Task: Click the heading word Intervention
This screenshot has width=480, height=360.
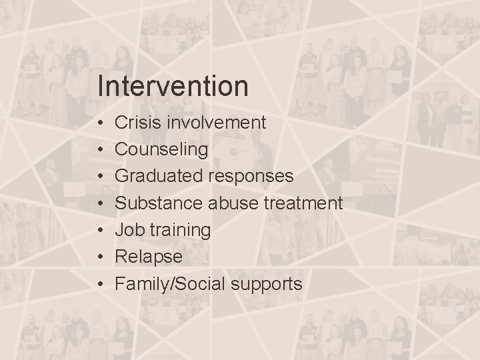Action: [x=172, y=86]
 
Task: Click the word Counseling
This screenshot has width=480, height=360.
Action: [x=161, y=149]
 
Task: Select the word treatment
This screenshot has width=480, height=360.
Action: [x=303, y=203]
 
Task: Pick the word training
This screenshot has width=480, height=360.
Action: [x=180, y=231]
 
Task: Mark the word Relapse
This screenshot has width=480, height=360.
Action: [x=149, y=257]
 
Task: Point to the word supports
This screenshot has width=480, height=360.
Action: [x=265, y=285]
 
